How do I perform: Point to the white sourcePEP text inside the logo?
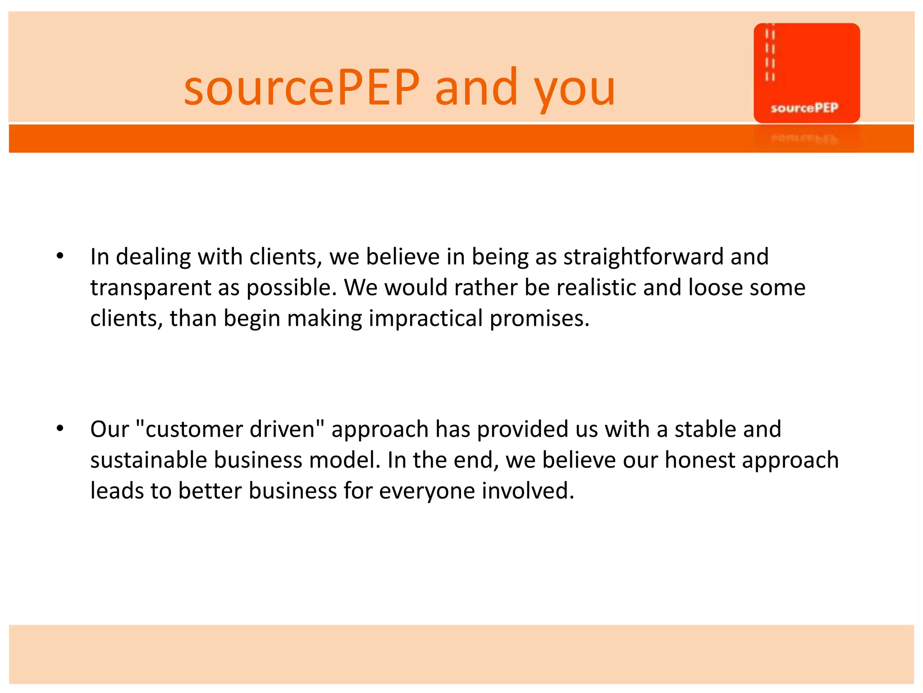point(804,108)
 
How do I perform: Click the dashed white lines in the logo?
point(770,54)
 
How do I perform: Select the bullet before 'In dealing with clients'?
point(60,257)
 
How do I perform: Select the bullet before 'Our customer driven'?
point(60,429)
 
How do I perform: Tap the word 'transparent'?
point(151,288)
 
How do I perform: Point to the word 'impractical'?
point(425,319)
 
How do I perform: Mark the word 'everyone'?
point(427,491)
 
